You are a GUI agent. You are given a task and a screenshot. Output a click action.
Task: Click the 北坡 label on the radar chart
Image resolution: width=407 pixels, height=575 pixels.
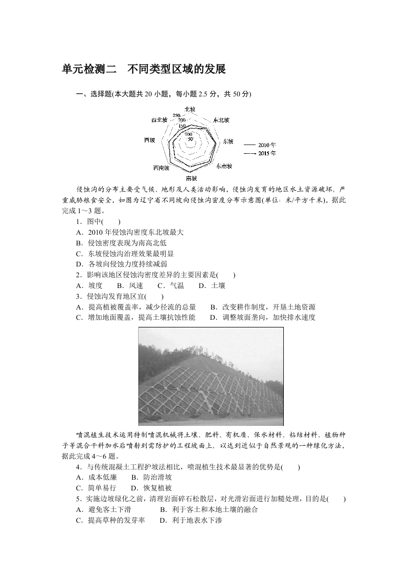pos(189,109)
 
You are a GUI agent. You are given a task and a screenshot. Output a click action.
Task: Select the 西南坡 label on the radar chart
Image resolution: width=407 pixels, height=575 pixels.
pos(162,168)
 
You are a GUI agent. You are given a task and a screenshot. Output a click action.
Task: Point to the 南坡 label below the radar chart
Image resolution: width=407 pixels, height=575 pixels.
pos(191,178)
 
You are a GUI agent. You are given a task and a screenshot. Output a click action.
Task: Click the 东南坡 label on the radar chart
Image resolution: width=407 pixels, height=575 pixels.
pos(224,166)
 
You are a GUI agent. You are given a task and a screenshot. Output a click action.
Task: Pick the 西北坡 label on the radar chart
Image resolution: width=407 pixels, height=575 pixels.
pos(159,120)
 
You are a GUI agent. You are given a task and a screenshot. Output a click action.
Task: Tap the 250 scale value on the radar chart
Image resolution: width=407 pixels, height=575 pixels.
pos(176,115)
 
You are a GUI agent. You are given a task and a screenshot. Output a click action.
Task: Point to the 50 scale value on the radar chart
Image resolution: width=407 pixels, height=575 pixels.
pos(190,139)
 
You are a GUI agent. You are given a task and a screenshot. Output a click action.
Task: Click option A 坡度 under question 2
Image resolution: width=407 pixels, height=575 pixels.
pos(89,285)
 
